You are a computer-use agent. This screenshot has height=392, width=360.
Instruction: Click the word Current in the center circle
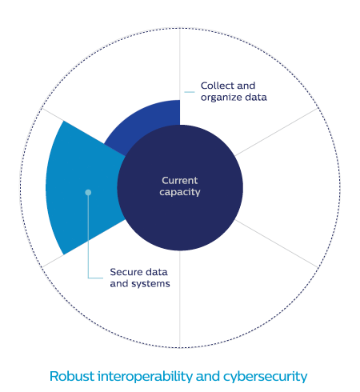coord(180,181)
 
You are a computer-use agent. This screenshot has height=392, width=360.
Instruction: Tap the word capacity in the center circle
coord(180,192)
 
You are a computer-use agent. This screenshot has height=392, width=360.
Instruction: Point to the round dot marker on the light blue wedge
coord(88,192)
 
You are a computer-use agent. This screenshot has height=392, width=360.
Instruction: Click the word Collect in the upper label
coord(216,86)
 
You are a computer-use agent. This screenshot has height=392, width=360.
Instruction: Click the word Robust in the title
coord(72,376)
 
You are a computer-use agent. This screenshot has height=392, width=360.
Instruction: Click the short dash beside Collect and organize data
coord(190,92)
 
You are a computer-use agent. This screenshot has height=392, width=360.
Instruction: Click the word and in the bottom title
coord(208,376)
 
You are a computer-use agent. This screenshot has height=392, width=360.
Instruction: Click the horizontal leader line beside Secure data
coord(95,278)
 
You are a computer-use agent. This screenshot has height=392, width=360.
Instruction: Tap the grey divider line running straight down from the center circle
coord(180,299)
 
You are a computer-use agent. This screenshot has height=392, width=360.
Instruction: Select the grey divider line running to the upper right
coord(277,132)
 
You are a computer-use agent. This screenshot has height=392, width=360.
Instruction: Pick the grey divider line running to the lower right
coord(277,244)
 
